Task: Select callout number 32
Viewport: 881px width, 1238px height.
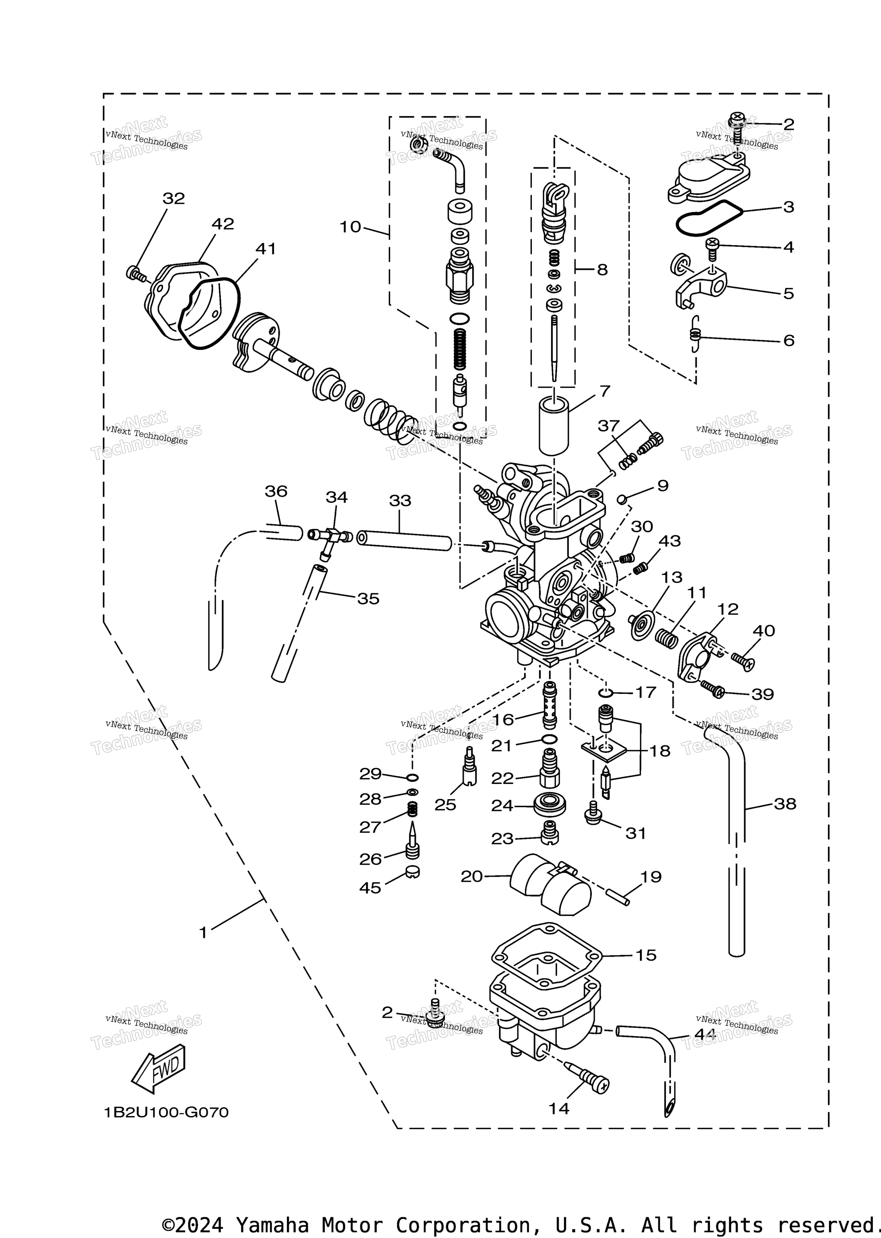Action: click(174, 199)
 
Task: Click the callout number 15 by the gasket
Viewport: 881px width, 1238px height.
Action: click(646, 955)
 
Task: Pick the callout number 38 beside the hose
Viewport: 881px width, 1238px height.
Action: click(784, 804)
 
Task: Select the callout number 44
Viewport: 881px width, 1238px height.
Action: click(705, 1035)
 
